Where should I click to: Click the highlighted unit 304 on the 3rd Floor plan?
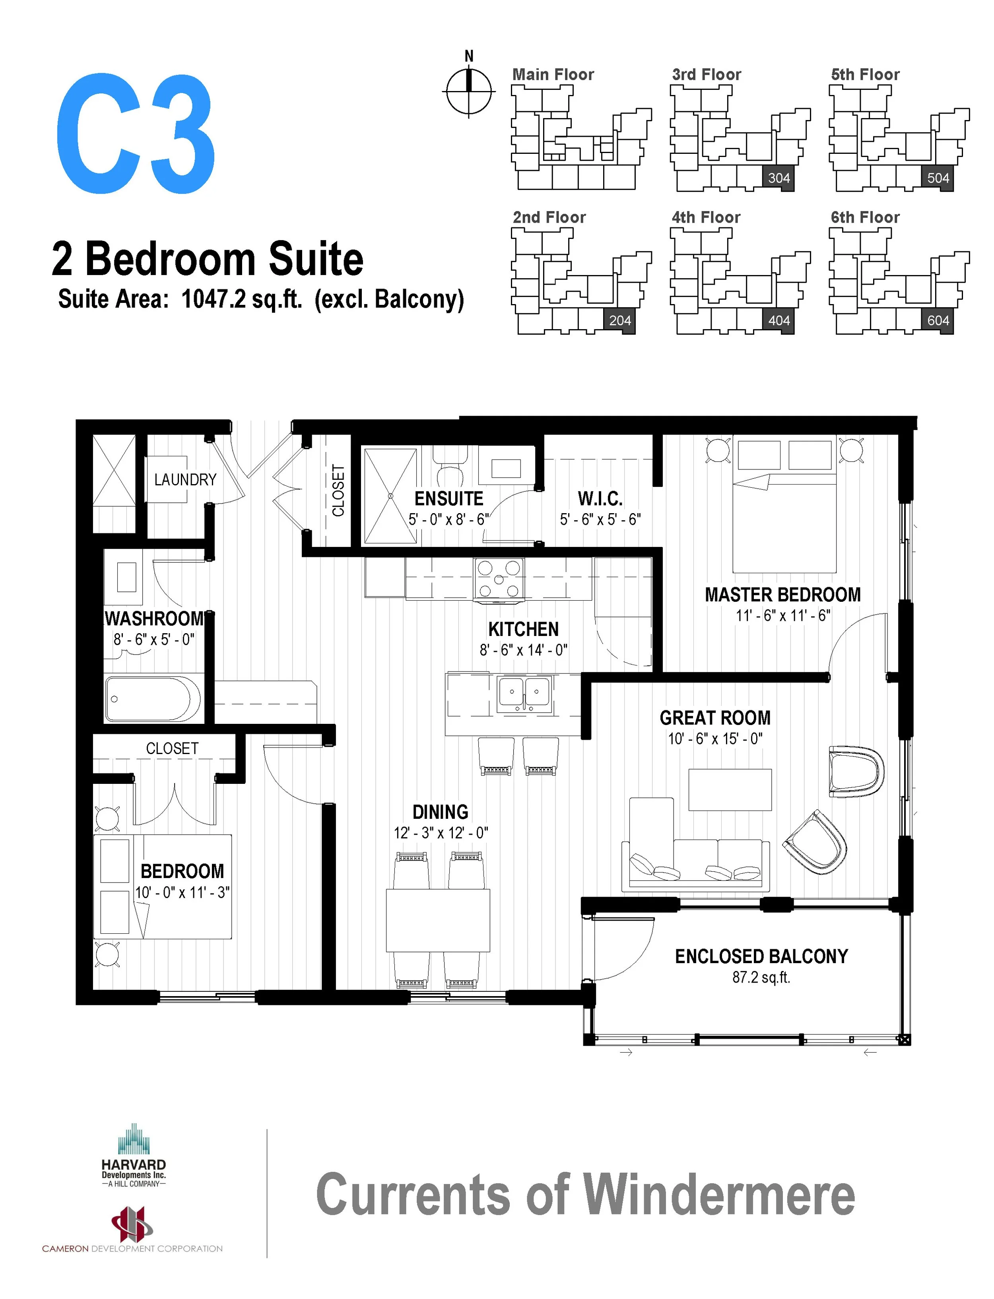click(779, 178)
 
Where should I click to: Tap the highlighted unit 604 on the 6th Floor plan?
click(938, 321)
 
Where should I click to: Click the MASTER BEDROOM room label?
click(782, 595)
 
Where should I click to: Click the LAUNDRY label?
click(185, 480)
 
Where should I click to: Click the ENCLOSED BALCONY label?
click(761, 956)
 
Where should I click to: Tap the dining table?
click(438, 920)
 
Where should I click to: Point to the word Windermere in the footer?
click(718, 1195)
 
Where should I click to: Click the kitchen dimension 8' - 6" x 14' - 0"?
click(523, 650)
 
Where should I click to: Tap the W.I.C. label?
click(600, 499)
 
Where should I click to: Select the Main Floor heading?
click(553, 75)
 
